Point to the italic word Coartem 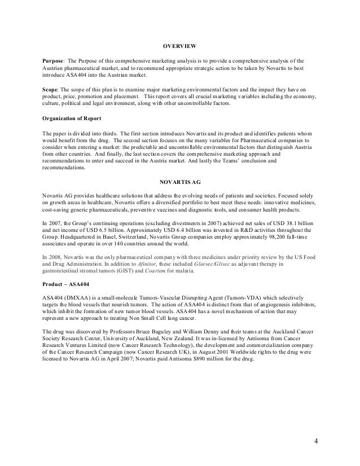click(165, 271)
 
